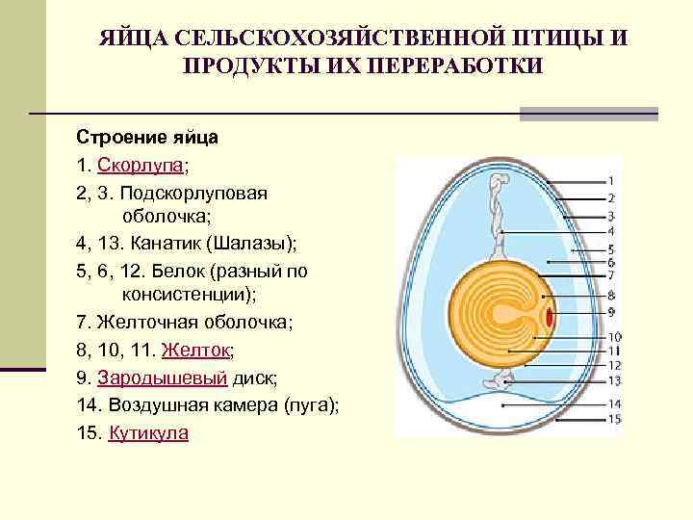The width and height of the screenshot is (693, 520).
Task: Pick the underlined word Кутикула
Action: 149,433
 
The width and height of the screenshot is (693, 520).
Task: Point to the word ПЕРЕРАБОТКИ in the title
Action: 447,65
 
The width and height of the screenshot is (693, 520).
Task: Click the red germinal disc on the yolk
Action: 549,316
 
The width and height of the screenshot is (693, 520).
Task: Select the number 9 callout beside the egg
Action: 611,312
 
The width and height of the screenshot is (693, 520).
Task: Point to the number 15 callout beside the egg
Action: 614,419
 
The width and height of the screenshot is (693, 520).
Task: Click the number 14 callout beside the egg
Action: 614,403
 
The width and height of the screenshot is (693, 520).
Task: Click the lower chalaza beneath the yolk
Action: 500,381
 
